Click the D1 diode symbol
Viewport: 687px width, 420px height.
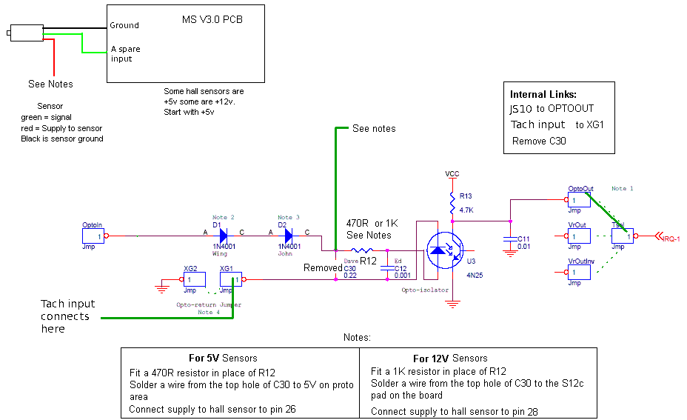point(222,236)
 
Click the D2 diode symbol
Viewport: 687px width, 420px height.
point(287,236)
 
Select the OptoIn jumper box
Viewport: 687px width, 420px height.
point(93,236)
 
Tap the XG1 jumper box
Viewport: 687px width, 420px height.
point(230,280)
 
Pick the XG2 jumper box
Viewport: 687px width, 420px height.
point(193,280)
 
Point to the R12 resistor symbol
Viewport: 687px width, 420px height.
point(361,250)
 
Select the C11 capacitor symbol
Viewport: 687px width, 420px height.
point(509,239)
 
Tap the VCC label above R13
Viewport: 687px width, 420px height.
point(452,173)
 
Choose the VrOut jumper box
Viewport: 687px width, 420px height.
point(579,236)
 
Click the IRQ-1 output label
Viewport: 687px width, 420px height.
point(671,238)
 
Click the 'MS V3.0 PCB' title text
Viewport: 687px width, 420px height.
point(212,19)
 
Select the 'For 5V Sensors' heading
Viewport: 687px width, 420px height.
point(223,358)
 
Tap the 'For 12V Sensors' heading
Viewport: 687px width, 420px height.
point(450,358)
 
